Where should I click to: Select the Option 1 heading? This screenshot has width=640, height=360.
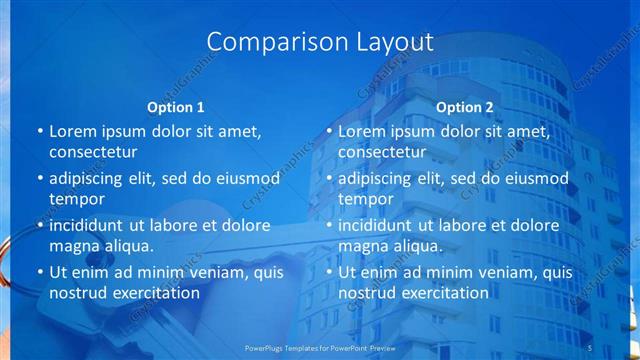coord(176,107)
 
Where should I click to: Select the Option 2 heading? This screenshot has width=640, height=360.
coord(465,107)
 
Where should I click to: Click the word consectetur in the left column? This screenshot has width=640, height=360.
coord(93,152)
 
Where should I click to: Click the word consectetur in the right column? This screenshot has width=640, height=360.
coord(382,152)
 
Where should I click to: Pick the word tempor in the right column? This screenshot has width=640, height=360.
coord(365,198)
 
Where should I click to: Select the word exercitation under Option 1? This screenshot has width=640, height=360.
coord(153,293)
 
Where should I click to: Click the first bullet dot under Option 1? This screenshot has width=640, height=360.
coord(40,132)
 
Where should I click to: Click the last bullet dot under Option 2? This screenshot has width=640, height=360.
coord(329,272)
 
